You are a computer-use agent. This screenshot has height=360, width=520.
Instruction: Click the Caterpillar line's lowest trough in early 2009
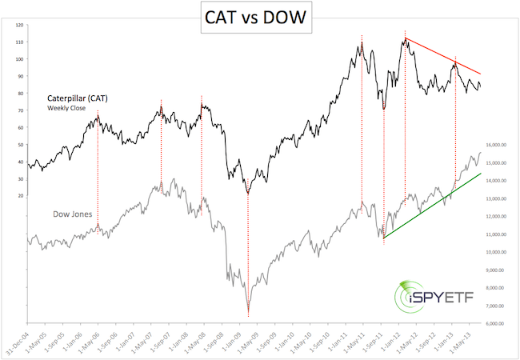click(247, 194)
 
